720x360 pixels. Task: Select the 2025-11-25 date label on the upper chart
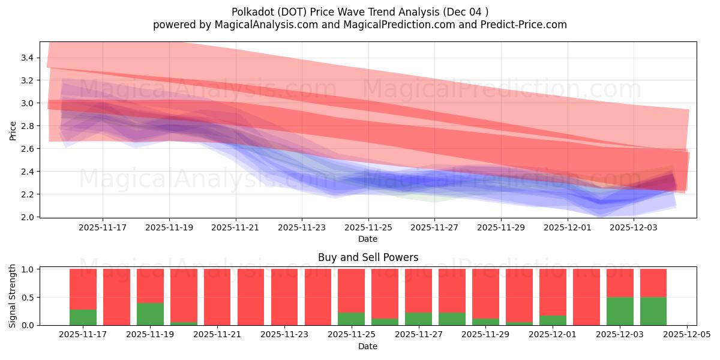(368, 227)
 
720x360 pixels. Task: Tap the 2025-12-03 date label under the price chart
(635, 227)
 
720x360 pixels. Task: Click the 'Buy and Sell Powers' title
(368, 257)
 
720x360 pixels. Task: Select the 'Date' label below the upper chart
(368, 239)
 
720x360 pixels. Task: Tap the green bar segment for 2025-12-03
(620, 311)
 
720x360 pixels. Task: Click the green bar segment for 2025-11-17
(83, 317)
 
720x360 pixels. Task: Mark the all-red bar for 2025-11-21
(217, 297)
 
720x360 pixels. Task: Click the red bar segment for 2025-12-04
(653, 283)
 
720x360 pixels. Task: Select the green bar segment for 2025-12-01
(553, 320)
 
